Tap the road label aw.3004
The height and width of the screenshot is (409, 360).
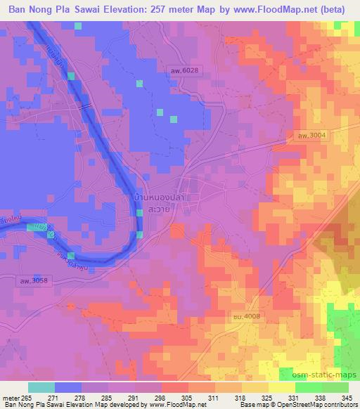pos(310,136)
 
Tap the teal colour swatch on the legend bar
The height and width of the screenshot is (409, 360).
pos(41,387)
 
